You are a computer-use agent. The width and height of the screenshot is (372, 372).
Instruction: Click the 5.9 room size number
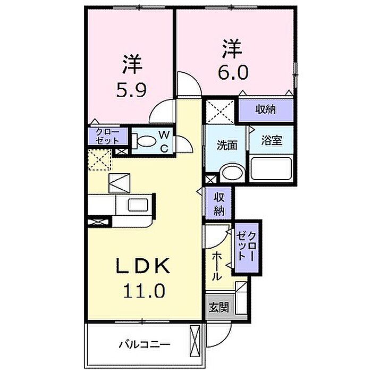[129, 90]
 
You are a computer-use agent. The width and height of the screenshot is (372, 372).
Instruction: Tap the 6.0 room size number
[232, 72]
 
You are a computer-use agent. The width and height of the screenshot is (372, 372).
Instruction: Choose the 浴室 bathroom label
[272, 142]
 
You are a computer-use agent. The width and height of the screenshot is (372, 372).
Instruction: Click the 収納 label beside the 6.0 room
[266, 110]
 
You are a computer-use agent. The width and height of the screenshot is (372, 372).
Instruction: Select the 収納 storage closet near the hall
[218, 203]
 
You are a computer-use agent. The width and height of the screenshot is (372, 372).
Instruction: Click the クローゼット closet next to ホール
[248, 247]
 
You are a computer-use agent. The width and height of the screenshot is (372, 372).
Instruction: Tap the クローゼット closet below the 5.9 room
[108, 136]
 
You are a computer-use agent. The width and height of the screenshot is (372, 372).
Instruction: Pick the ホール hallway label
[217, 266]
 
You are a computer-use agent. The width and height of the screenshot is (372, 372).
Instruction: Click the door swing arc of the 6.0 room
[189, 85]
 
